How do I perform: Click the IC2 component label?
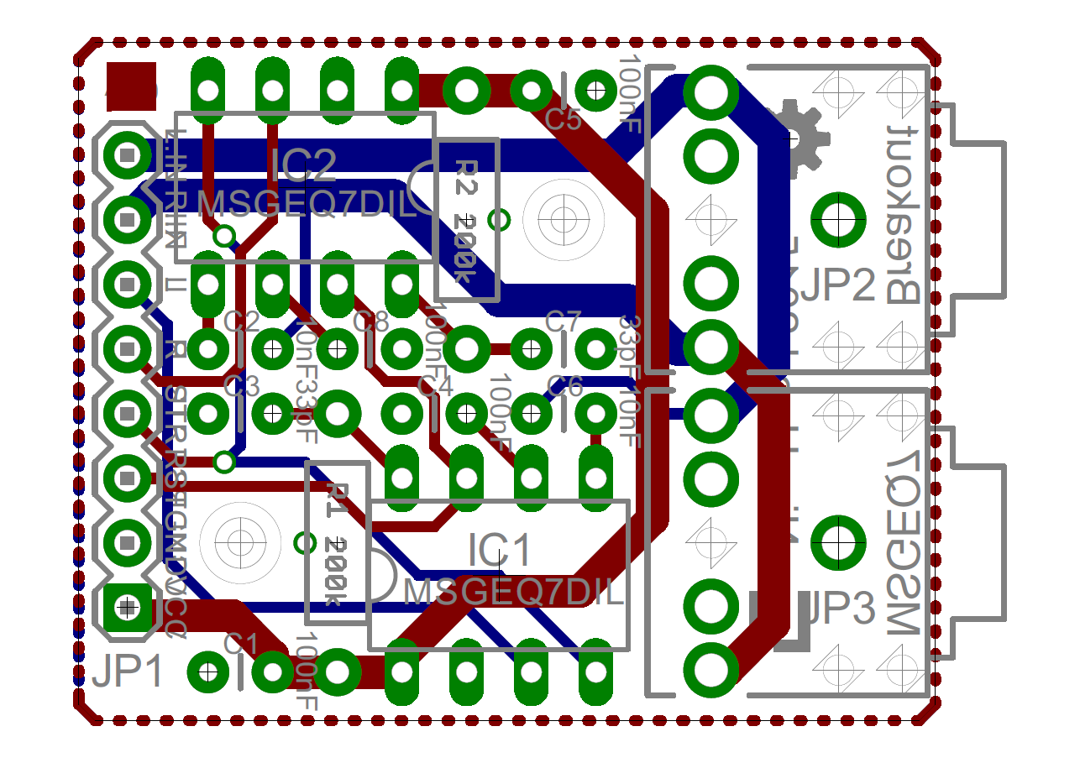(x=302, y=165)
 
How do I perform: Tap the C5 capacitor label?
(x=564, y=120)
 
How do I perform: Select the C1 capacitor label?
(x=240, y=644)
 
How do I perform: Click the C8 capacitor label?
(x=370, y=321)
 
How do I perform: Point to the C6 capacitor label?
(x=564, y=386)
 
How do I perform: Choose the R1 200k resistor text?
(x=336, y=544)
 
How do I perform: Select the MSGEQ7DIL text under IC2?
(x=307, y=204)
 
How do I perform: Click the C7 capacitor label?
(x=564, y=321)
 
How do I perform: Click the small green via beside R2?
(x=499, y=220)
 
